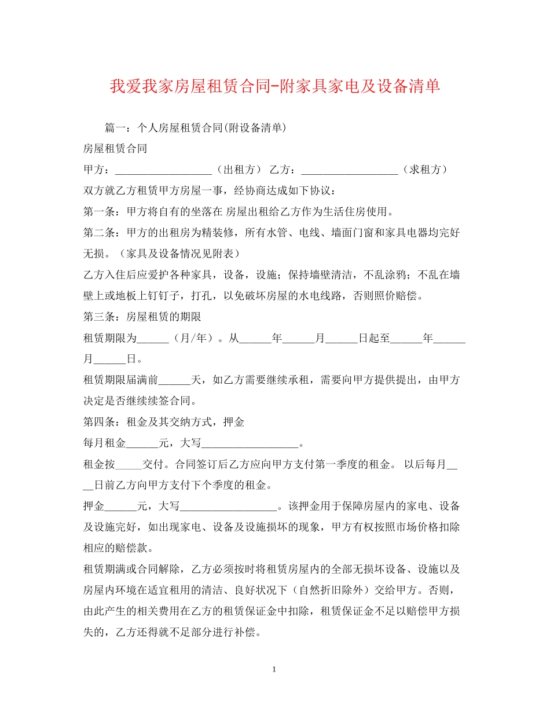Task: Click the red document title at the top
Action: (x=275, y=86)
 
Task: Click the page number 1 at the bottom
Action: (x=274, y=670)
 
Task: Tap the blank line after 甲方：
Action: (x=164, y=170)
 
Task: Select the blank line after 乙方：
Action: (x=350, y=170)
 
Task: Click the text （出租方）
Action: (x=237, y=170)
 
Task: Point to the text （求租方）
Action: (x=424, y=170)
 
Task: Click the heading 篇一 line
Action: (x=195, y=127)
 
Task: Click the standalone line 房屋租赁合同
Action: (x=115, y=149)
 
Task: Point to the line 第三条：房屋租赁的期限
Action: (x=142, y=317)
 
